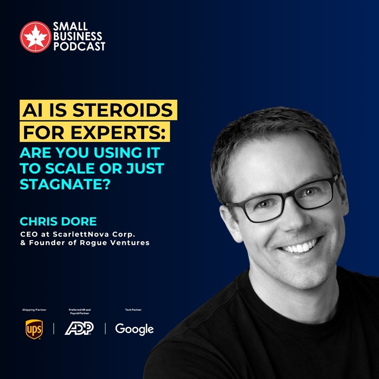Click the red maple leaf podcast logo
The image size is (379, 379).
click(x=35, y=37)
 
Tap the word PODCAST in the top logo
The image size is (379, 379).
click(x=79, y=46)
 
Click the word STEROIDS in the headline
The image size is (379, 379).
click(x=122, y=110)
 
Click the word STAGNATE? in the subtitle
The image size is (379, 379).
click(x=65, y=184)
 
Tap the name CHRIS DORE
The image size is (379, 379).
click(x=58, y=221)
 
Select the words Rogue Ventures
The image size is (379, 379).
click(x=115, y=243)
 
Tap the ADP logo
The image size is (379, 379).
click(x=79, y=329)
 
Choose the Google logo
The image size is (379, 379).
click(x=134, y=329)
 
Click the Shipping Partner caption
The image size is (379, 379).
click(x=34, y=310)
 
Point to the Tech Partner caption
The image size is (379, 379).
click(x=133, y=310)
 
